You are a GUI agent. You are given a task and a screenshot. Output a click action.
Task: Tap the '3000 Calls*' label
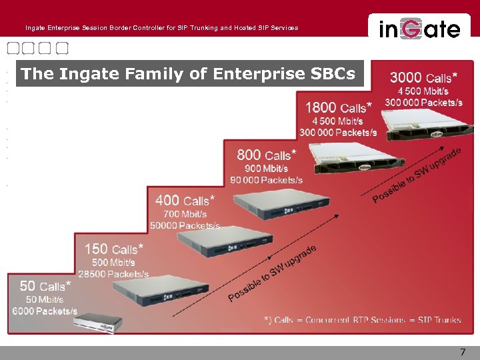(423, 77)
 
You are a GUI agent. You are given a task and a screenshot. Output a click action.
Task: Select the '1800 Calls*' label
(338, 107)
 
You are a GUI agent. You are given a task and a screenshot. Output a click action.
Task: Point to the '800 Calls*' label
(266, 155)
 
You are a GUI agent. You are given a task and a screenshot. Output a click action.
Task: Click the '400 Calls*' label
(185, 200)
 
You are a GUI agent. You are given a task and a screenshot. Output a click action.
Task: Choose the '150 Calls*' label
(113, 249)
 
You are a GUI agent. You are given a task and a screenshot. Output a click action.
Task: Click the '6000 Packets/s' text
(45, 311)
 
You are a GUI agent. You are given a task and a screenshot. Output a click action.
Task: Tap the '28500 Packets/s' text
(113, 274)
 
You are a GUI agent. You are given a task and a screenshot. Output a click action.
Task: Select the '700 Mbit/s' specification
(185, 214)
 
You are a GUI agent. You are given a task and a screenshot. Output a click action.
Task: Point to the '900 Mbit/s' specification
(266, 169)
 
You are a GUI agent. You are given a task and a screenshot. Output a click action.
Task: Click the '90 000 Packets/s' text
(266, 180)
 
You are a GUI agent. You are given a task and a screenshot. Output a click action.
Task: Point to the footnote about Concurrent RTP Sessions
(362, 320)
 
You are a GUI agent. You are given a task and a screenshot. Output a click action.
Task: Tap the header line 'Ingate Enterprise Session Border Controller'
(161, 28)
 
